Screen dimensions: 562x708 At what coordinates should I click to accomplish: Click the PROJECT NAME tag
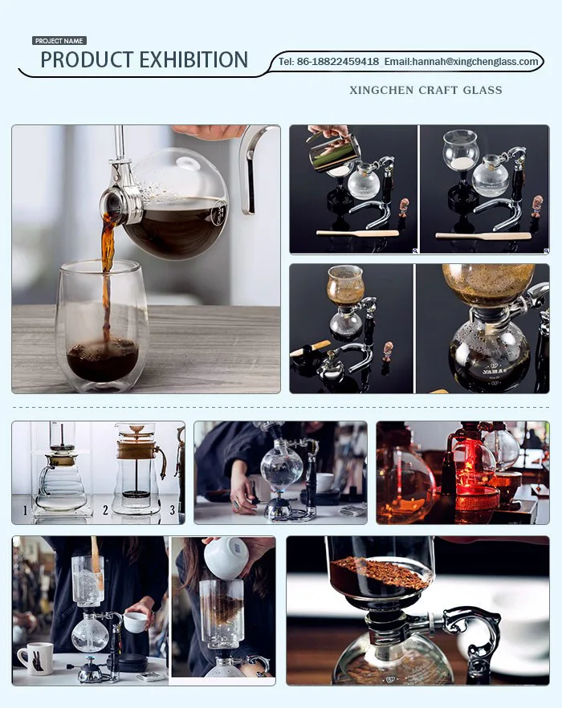pos(59,41)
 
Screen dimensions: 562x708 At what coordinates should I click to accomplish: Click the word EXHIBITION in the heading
pos(193,60)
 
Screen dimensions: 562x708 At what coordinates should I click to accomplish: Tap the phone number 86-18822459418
pos(337,62)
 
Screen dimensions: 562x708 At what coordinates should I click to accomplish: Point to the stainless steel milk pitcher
pos(334,154)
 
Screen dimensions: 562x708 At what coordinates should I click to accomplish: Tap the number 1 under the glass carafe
pos(26,511)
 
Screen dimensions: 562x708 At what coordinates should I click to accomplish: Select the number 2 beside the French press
pos(105,511)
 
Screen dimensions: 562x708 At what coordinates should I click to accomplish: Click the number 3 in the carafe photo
pos(172,511)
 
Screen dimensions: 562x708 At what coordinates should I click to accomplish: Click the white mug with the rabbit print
pos(35,659)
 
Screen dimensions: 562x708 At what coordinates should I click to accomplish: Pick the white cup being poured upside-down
pos(226,558)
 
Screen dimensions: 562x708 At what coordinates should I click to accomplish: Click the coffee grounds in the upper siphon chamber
pos(381,572)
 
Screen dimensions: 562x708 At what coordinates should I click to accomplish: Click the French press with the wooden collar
pos(138,470)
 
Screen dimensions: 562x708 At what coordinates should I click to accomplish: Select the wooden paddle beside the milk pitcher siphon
pos(357,233)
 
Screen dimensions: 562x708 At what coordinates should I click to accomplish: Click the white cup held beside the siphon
pos(135,622)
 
